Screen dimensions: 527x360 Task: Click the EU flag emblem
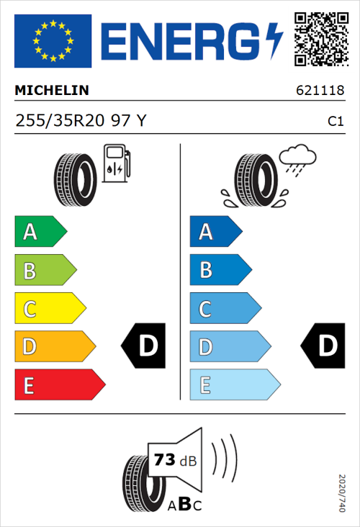(53, 40)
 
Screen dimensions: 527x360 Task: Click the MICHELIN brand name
(52, 91)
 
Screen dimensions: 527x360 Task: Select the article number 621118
(320, 91)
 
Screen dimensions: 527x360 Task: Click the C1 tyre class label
(336, 122)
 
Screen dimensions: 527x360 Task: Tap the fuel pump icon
(117, 163)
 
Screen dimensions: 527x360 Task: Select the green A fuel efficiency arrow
(40, 232)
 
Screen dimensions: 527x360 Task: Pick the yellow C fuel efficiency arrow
(49, 309)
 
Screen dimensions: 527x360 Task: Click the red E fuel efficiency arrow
(59, 385)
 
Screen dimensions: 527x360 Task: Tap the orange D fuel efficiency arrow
(54, 347)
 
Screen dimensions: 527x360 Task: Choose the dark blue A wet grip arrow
(215, 232)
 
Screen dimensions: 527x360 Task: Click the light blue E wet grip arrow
(234, 385)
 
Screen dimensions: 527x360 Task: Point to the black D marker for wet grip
(320, 346)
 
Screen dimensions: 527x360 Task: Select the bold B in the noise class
(184, 505)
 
